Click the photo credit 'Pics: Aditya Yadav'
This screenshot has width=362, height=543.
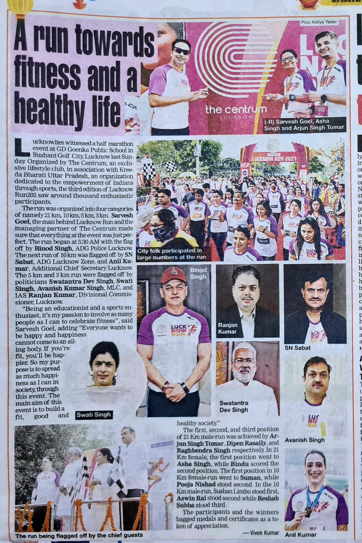point(319,22)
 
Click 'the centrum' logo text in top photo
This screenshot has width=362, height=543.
point(236,109)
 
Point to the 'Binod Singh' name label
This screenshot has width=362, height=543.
point(198,273)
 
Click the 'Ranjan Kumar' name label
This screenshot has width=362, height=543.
point(228,328)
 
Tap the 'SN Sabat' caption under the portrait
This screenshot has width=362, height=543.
point(297,348)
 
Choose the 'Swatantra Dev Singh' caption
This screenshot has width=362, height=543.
point(234,406)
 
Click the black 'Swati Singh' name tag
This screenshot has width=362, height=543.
point(93,415)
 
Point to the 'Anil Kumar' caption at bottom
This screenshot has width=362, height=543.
point(300,534)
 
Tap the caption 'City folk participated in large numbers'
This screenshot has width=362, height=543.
point(171,254)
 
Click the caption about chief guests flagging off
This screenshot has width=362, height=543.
point(79,535)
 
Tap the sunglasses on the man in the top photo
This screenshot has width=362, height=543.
point(181,51)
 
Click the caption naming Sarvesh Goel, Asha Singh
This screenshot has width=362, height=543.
point(303,124)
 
